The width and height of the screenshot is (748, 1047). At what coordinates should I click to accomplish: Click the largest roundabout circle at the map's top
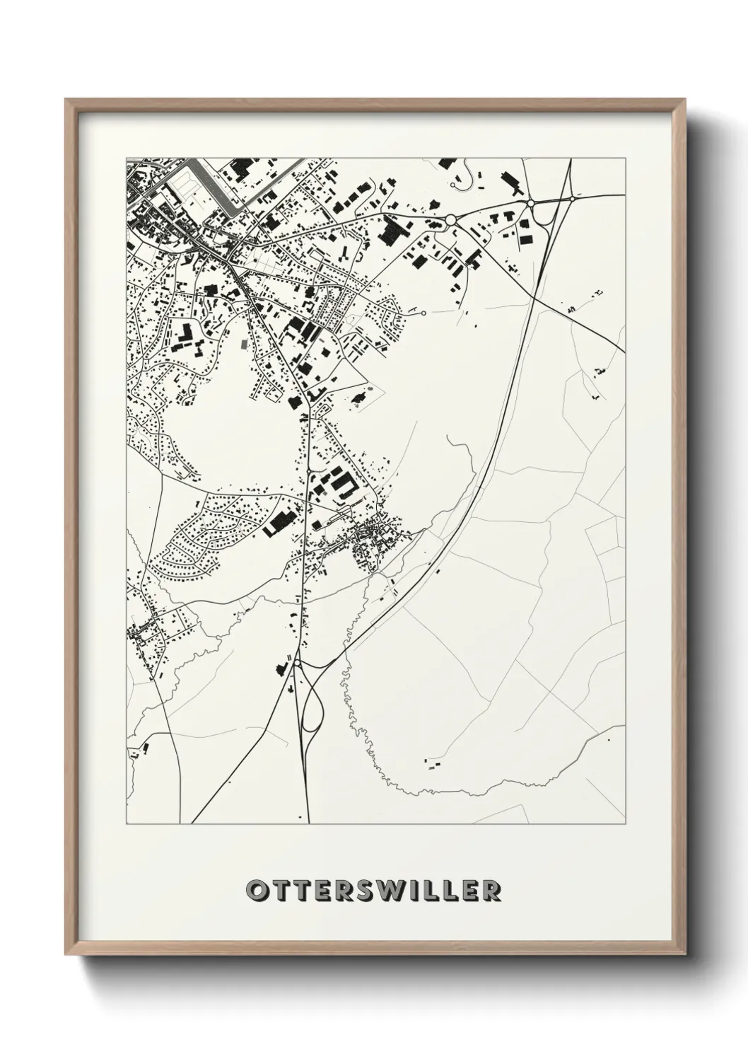tap(450, 221)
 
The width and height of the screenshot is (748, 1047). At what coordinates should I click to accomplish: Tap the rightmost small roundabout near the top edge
tap(573, 199)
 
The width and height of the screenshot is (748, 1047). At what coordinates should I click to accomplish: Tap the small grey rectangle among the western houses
tap(245, 344)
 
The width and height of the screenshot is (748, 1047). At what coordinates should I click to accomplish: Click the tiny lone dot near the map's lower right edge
tap(609, 738)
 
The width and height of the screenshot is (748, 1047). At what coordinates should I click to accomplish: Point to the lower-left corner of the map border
tap(127, 823)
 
